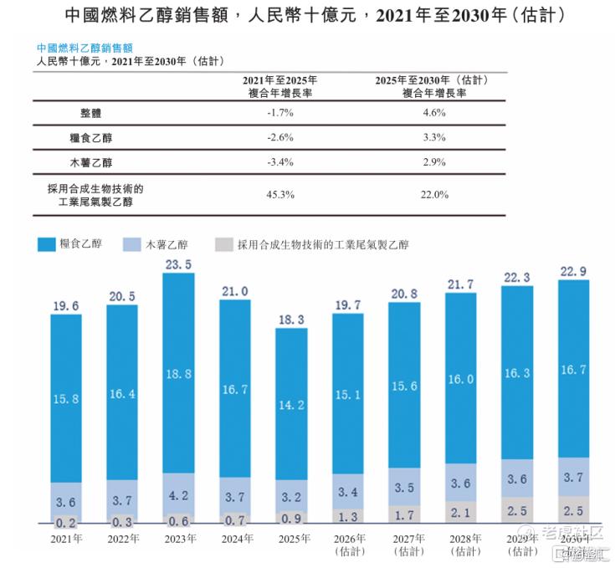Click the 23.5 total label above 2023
178,264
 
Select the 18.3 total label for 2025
291,320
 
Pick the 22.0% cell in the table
433,195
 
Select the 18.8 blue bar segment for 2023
178,373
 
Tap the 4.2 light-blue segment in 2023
178,494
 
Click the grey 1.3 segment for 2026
348,517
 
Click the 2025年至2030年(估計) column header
433,86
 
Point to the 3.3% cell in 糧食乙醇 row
433,136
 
